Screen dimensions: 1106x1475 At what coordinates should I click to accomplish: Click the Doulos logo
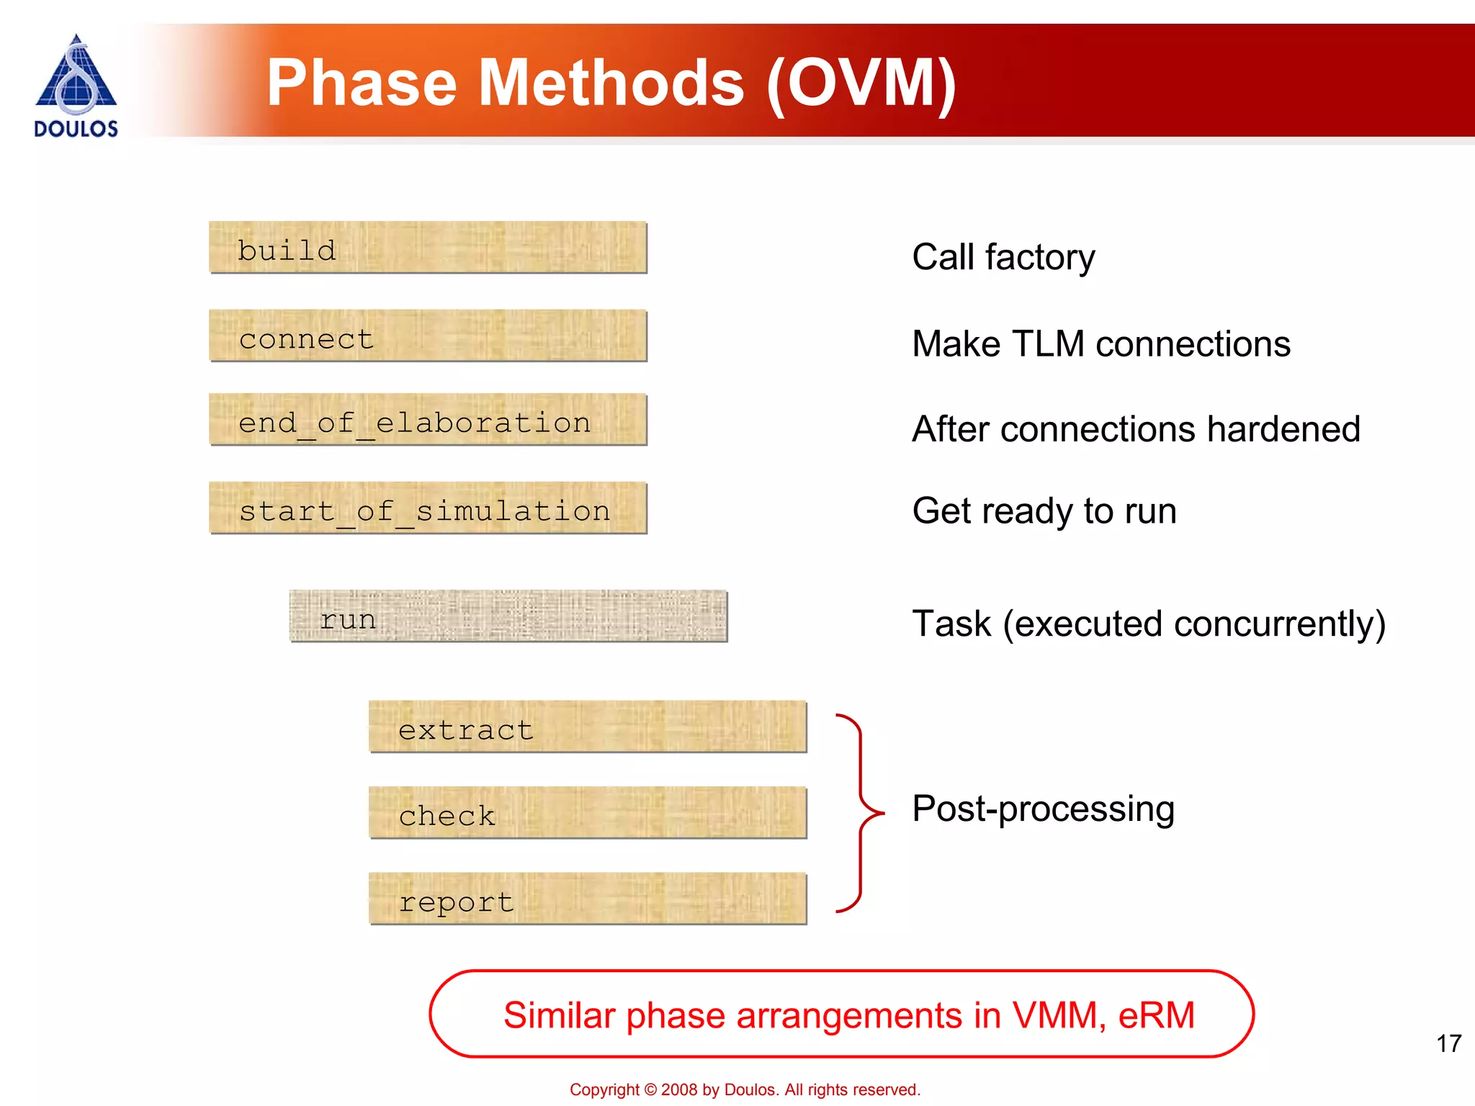(x=76, y=85)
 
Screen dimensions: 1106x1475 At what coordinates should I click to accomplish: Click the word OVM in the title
(x=861, y=84)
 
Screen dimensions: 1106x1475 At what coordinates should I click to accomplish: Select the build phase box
(x=428, y=248)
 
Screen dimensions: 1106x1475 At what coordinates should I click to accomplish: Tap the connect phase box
(x=428, y=336)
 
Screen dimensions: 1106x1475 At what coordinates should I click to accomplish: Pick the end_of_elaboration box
(x=428, y=420)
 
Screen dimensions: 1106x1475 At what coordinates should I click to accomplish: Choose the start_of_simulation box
(x=428, y=508)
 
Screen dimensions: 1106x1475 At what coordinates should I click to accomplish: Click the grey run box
(x=508, y=616)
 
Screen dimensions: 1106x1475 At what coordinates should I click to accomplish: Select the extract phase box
(x=588, y=727)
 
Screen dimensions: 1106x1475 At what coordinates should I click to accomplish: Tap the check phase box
(x=588, y=813)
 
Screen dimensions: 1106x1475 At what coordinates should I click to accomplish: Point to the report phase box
(x=588, y=899)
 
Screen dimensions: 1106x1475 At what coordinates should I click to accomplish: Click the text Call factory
(x=1003, y=257)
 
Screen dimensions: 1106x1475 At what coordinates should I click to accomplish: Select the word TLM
(x=1048, y=343)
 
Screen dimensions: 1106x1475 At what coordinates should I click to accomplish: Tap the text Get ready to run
(x=1044, y=511)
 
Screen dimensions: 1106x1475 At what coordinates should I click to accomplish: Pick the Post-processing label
(x=1043, y=809)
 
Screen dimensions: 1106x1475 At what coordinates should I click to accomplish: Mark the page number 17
(x=1448, y=1043)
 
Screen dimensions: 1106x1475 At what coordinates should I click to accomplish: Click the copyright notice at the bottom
(x=745, y=1089)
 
